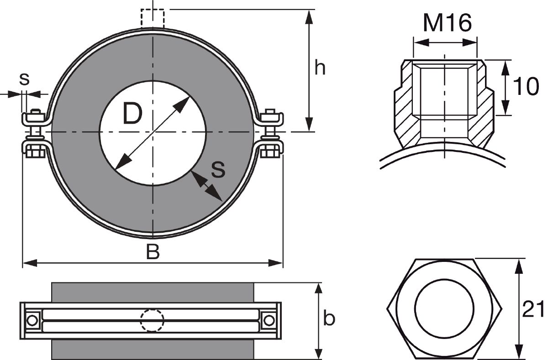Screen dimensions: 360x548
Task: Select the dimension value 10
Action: click(x=525, y=87)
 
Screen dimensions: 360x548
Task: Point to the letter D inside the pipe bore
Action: click(x=132, y=114)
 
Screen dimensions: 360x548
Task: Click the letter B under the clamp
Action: click(x=153, y=252)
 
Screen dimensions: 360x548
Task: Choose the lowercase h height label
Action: click(x=321, y=68)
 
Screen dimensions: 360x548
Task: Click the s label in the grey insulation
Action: click(x=218, y=170)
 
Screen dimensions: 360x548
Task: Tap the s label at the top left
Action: click(x=24, y=78)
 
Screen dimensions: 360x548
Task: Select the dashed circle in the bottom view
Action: click(x=152, y=321)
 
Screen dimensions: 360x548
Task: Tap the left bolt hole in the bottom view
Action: click(x=32, y=320)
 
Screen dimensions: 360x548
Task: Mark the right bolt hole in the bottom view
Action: click(x=269, y=320)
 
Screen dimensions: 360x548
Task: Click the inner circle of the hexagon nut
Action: click(x=444, y=308)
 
